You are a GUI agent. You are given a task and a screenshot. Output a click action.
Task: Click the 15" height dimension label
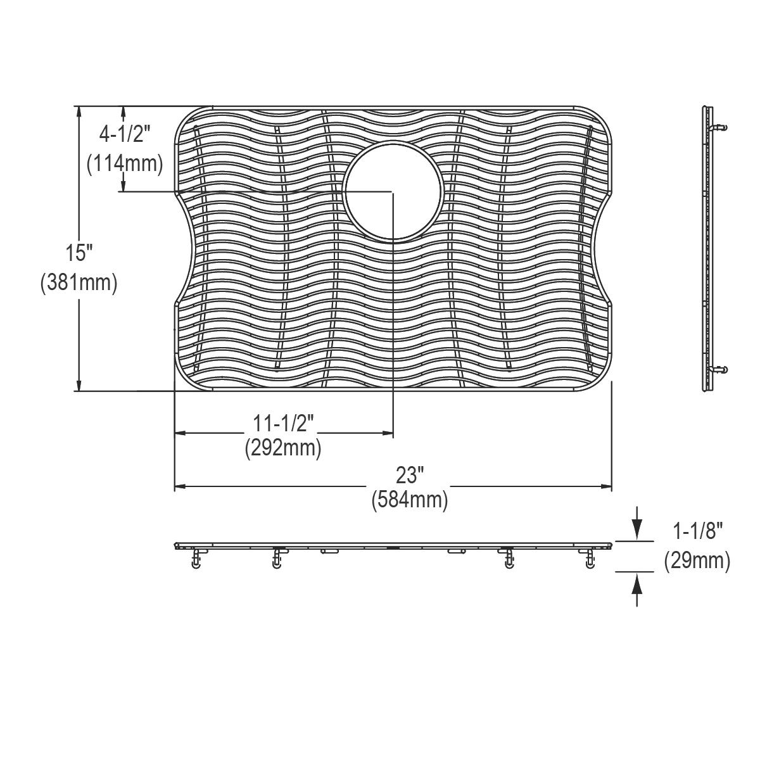[79, 253]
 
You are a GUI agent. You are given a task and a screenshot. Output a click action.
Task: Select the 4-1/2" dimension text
[125, 134]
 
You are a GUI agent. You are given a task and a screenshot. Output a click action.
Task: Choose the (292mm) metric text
[283, 448]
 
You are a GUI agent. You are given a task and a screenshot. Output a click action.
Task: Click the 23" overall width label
[409, 474]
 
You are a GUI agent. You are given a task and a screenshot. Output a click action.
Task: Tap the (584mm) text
[409, 500]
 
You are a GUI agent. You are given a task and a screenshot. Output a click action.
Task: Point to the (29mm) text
[697, 561]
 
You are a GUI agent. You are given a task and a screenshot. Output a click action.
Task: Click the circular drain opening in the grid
[393, 191]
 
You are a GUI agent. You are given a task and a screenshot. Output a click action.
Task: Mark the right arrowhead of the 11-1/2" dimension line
[387, 433]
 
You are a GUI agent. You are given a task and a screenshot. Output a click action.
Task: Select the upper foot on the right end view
[719, 127]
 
